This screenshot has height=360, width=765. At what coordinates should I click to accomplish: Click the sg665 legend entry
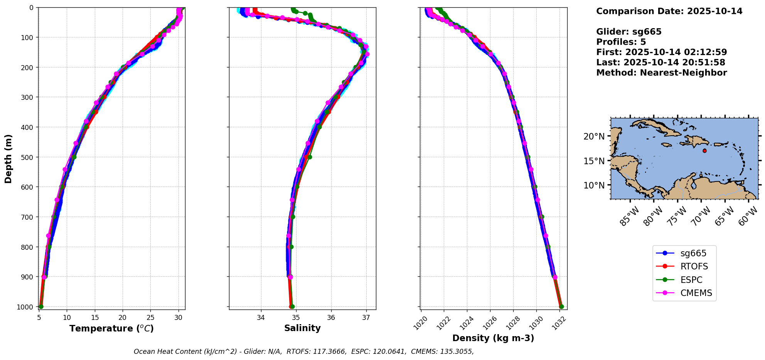point(693,253)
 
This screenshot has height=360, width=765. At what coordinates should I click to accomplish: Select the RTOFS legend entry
point(694,267)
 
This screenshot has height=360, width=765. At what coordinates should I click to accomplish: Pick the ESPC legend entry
point(691,280)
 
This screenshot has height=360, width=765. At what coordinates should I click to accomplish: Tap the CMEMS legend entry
point(696,293)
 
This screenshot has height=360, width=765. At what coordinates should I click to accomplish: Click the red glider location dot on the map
point(704,151)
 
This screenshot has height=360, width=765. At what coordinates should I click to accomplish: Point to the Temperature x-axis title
point(111,328)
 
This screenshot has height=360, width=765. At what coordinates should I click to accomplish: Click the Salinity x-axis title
point(302,328)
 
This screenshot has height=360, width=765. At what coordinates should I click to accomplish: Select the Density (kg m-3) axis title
point(493,338)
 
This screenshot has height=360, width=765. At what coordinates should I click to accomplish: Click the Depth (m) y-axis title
point(8,158)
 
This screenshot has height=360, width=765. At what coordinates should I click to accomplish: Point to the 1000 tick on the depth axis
point(27,307)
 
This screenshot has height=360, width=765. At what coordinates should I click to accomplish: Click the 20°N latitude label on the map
point(594,136)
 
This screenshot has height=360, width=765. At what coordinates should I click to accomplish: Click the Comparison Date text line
point(669,11)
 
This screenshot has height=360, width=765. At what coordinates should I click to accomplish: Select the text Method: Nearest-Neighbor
point(661,73)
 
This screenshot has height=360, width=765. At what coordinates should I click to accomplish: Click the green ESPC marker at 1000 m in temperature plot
point(41,306)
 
